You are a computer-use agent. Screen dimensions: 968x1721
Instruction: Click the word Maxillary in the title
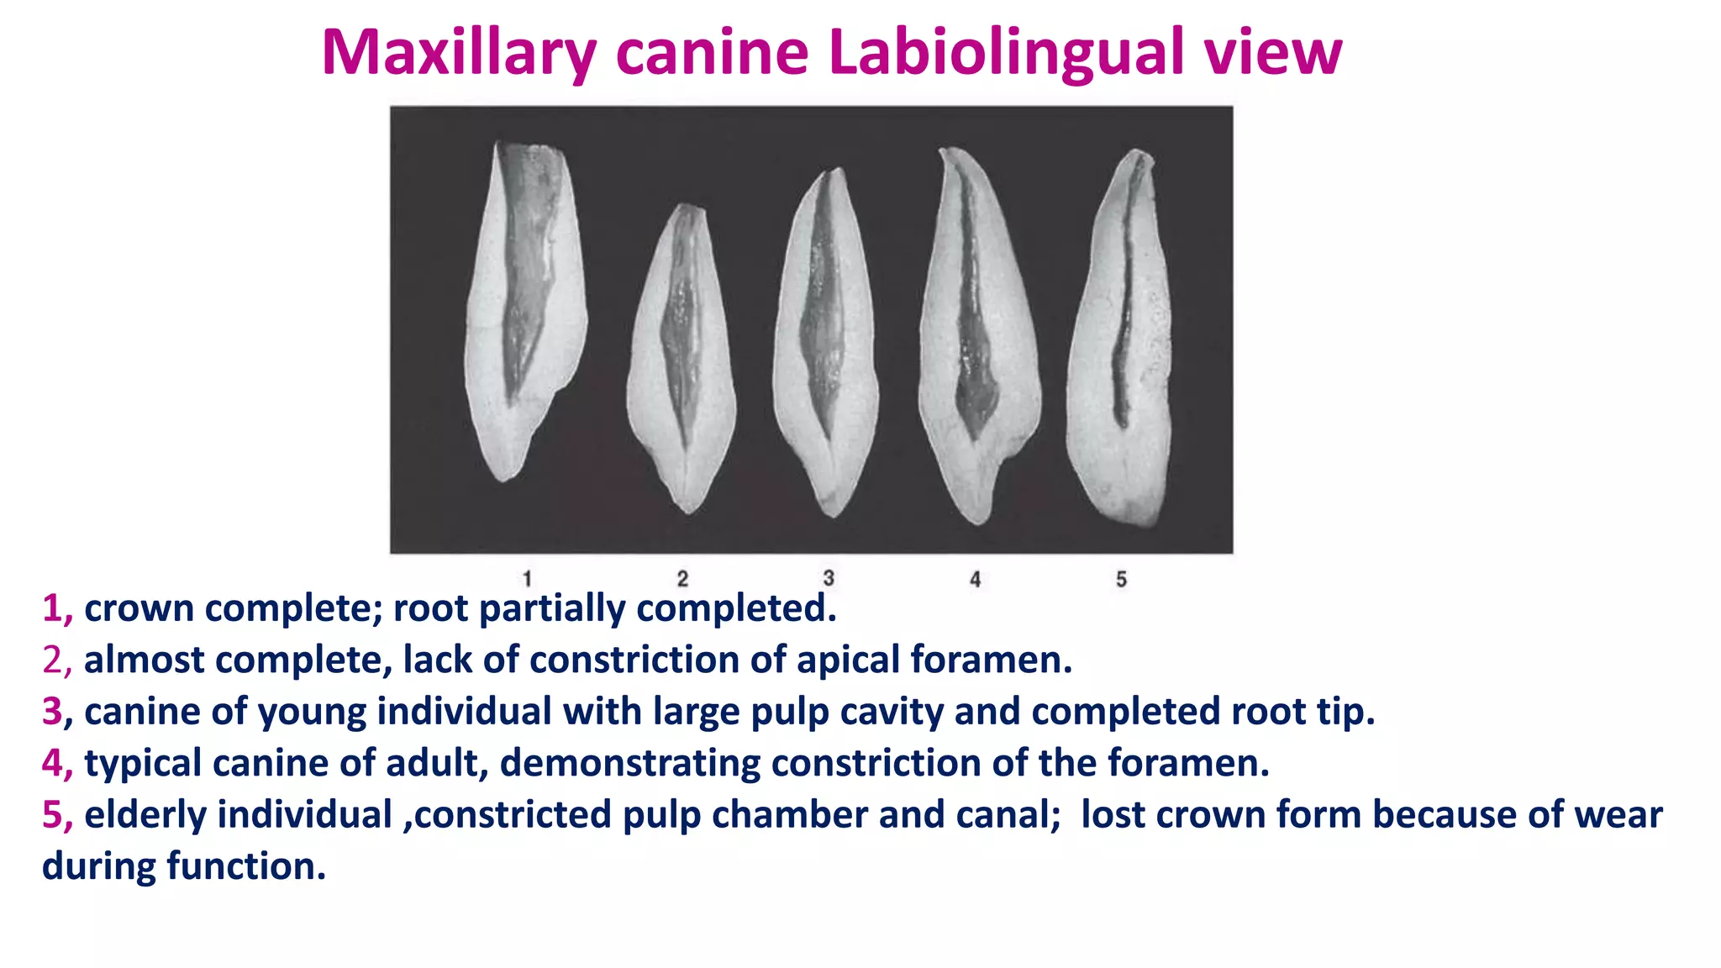pyautogui.click(x=458, y=54)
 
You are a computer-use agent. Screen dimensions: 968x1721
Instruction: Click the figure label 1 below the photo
pyautogui.click(x=527, y=579)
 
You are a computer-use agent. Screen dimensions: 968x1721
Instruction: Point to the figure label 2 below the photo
pyautogui.click(x=682, y=579)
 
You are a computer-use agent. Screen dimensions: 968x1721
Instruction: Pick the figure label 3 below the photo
pyautogui.click(x=829, y=578)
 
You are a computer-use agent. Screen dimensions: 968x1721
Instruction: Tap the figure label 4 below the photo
pyautogui.click(x=975, y=579)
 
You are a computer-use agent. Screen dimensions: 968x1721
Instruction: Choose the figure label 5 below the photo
pyautogui.click(x=1121, y=579)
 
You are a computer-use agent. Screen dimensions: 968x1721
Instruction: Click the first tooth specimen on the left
pyautogui.click(x=525, y=311)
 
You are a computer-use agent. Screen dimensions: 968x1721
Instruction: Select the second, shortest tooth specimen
pyautogui.click(x=682, y=361)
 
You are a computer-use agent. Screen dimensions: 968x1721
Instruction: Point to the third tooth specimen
pyautogui.click(x=825, y=345)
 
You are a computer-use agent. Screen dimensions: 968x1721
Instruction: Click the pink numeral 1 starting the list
pyautogui.click(x=53, y=608)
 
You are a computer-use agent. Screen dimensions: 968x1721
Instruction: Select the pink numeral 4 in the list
pyautogui.click(x=53, y=763)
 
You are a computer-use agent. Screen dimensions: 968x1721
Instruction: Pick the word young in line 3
pyautogui.click(x=311, y=712)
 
